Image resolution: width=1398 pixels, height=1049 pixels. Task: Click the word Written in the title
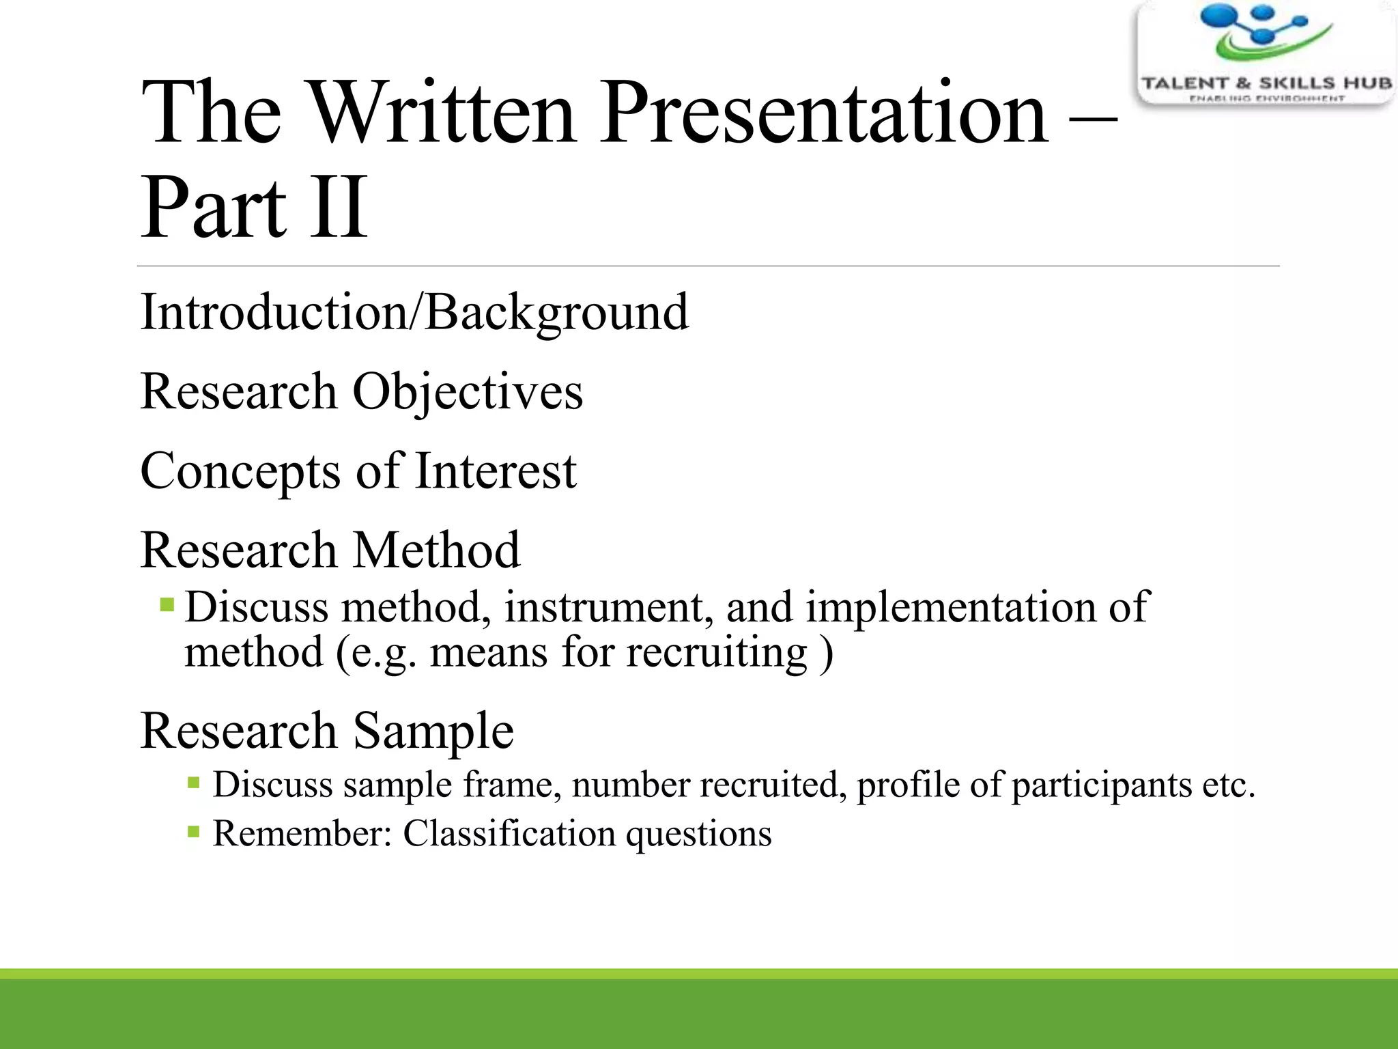[x=443, y=113]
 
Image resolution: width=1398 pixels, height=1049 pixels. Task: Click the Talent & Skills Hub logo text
[x=1266, y=83]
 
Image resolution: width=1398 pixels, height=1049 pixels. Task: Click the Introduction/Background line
[x=414, y=312]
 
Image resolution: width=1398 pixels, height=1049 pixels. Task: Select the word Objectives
[x=467, y=392]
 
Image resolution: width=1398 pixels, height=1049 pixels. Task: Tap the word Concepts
[x=240, y=471]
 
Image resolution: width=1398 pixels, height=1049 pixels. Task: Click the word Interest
[x=496, y=471]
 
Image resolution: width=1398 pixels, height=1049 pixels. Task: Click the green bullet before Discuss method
[x=167, y=605]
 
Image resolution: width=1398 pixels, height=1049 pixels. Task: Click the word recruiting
[x=717, y=652]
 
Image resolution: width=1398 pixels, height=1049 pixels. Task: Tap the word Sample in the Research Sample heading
[x=433, y=731]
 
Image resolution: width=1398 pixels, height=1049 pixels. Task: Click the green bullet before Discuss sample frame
[x=194, y=783]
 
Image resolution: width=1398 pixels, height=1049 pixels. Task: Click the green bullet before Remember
[x=194, y=832]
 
